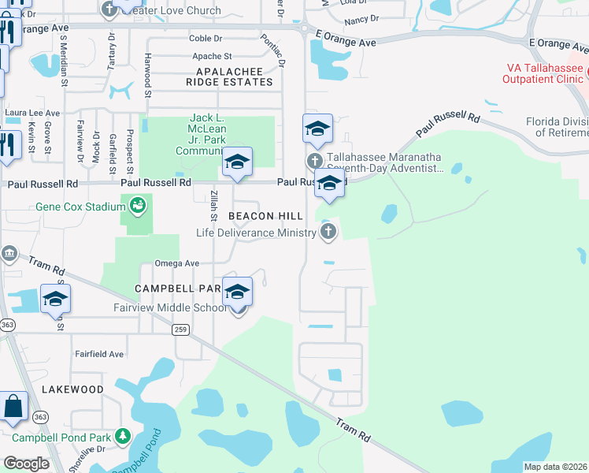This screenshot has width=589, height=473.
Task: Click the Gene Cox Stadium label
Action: [x=80, y=207]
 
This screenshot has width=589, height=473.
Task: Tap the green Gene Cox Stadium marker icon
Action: [x=139, y=206]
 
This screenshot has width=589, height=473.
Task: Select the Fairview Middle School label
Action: [x=180, y=307]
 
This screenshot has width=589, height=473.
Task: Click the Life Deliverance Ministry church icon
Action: [x=328, y=232]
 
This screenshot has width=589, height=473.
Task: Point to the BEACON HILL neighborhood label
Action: [x=261, y=216]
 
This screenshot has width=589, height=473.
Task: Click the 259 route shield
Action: [x=180, y=330]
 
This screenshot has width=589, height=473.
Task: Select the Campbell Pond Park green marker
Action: [x=122, y=436]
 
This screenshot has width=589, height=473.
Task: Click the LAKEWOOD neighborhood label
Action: [x=72, y=389]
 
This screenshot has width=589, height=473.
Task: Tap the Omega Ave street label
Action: [x=176, y=263]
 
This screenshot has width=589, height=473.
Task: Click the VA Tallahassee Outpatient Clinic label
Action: [x=546, y=74]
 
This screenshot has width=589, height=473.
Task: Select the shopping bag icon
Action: [x=14, y=408]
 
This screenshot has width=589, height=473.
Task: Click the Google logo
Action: [x=27, y=463]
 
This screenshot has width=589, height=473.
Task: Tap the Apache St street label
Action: [x=213, y=57]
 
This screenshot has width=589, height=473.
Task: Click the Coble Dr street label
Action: [x=207, y=39]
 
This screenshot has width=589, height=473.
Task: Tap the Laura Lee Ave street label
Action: [x=32, y=114]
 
